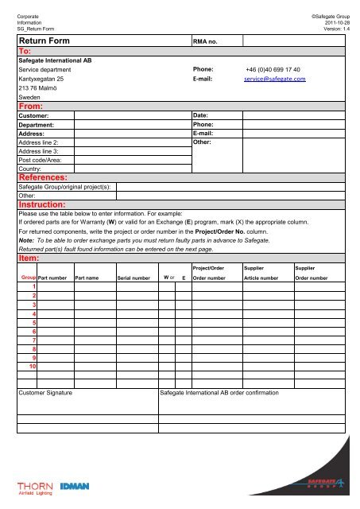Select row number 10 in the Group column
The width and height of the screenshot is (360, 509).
(x=32, y=367)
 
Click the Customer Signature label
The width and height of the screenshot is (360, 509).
(x=45, y=393)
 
